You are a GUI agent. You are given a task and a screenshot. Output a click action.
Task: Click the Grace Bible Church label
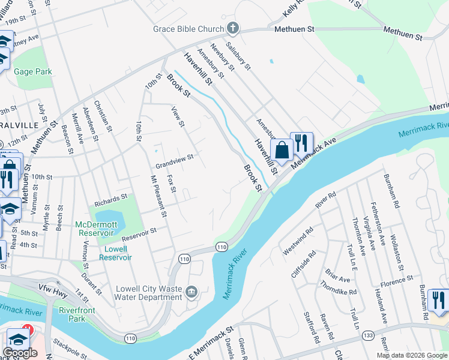coord(188,28)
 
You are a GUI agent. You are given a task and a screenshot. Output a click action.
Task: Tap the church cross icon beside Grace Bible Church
coord(233,28)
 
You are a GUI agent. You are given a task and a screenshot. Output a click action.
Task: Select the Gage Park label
coord(33,71)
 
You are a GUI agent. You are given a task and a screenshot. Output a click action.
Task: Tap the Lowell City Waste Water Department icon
coord(191,292)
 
